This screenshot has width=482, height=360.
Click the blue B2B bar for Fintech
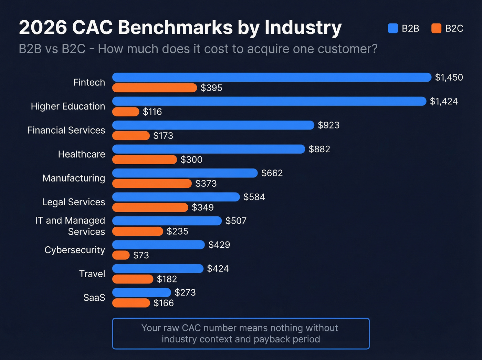(x=272, y=77)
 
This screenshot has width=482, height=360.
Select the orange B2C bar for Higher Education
(x=126, y=112)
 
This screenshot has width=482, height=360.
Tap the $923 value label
(x=328, y=125)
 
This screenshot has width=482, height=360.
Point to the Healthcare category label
(x=81, y=154)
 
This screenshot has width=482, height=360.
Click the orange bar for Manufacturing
(x=152, y=183)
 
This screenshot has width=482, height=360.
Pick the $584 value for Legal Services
(x=254, y=197)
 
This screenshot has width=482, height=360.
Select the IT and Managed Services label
(x=70, y=226)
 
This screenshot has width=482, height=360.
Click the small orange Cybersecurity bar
(x=121, y=255)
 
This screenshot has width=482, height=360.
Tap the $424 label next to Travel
(x=218, y=268)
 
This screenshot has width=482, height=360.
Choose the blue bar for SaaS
(x=142, y=292)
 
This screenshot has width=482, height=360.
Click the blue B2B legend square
(x=393, y=28)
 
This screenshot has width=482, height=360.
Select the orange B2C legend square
(x=436, y=28)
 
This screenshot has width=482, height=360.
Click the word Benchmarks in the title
(x=175, y=27)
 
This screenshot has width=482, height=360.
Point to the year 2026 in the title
(x=43, y=27)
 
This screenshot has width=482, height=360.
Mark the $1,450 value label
(x=449, y=77)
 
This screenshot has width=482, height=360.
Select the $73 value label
(x=141, y=255)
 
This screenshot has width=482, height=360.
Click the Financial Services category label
(x=66, y=130)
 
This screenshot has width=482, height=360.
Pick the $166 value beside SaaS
(x=164, y=303)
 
